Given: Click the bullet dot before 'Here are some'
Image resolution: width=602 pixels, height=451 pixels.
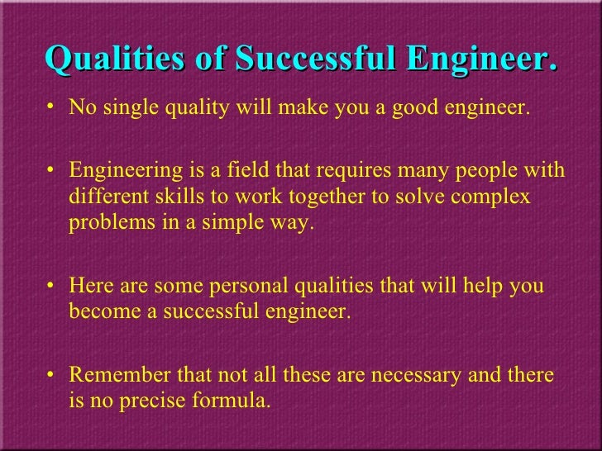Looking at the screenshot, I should tap(54, 287).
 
